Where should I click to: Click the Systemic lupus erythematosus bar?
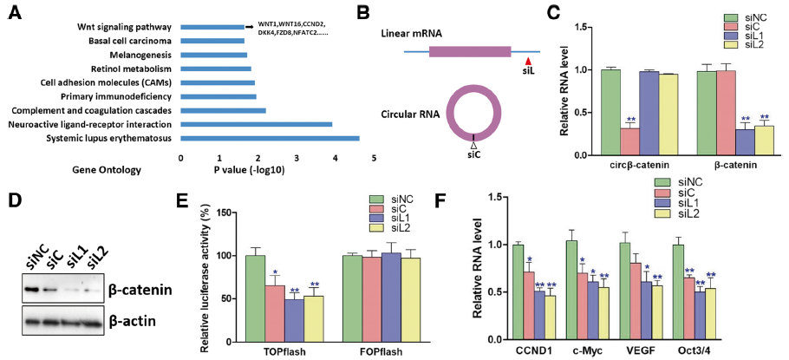pyautogui.click(x=270, y=138)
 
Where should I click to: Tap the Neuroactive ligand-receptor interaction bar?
pyautogui.click(x=257, y=124)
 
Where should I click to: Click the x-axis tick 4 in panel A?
pyautogui.click(x=336, y=159)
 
